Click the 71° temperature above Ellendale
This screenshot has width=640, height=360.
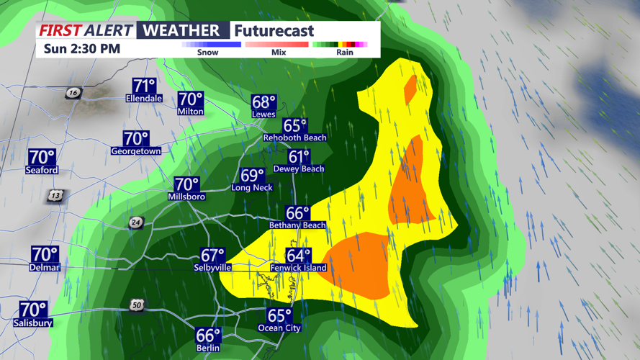tap(145, 85)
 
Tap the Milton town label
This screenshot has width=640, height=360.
tap(191, 112)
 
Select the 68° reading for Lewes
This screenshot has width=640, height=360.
tap(263, 102)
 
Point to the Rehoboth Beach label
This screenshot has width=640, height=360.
tap(295, 138)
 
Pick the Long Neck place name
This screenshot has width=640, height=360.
tap(251, 188)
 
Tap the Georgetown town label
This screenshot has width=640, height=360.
tap(135, 151)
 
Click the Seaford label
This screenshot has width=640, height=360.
tap(41, 171)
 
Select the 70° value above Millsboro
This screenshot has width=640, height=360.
tap(186, 185)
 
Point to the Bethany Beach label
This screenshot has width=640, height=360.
tap(297, 225)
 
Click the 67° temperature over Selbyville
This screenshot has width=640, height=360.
tap(213, 256)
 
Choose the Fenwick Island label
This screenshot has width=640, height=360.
tap(298, 268)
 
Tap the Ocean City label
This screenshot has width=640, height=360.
tap(279, 328)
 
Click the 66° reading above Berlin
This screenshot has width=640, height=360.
tap(207, 336)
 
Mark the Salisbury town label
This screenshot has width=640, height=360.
tap(33, 323)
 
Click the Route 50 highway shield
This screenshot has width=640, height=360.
tap(137, 306)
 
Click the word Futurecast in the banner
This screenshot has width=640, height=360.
tap(274, 31)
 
